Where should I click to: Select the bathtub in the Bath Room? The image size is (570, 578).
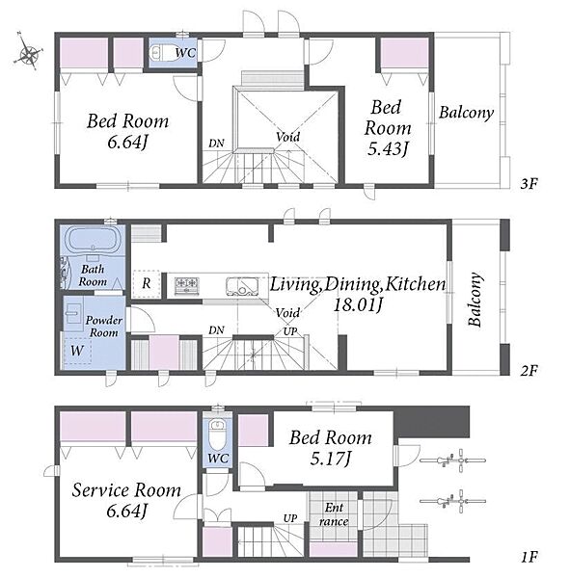pos(93,239)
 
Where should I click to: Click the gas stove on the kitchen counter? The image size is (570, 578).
pos(187,285)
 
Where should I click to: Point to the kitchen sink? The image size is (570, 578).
pos(242,286)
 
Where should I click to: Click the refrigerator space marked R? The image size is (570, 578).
pos(147,283)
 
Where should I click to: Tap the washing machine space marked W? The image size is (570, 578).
pos(77,351)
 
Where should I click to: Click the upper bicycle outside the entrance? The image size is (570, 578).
pos(452,460)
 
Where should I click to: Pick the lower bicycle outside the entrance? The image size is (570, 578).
pos(452,501)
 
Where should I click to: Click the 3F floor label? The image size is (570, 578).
pos(529,183)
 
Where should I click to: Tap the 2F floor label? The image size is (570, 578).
pos(529,370)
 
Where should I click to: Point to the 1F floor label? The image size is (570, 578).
pos(529,557)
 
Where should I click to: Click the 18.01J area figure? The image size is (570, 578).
pos(358,304)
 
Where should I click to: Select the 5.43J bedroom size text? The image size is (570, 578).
pos(388,148)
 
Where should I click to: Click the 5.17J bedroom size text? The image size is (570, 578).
pos(331,459)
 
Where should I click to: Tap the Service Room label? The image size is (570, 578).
pos(126,490)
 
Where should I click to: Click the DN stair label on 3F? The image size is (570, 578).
pos(216,143)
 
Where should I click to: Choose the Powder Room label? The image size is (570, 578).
pos(104,327)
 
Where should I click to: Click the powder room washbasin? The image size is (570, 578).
pos(73,314)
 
